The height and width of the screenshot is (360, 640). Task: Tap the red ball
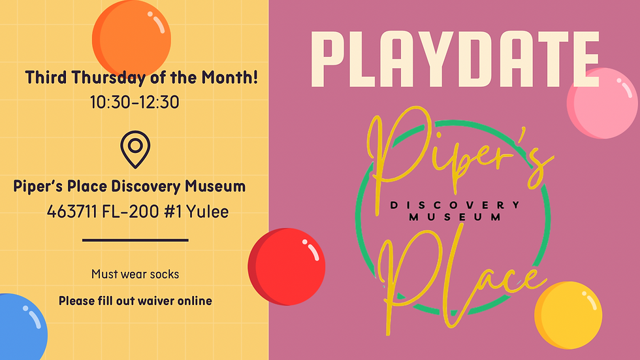click(x=287, y=267)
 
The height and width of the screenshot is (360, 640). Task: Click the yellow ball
click(x=568, y=316)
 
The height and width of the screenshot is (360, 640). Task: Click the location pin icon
click(x=135, y=149)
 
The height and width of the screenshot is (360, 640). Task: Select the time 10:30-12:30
click(x=135, y=102)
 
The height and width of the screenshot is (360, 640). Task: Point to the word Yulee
click(x=207, y=212)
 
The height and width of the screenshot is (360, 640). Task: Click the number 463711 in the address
click(x=72, y=212)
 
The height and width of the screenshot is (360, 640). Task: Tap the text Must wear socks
click(x=135, y=274)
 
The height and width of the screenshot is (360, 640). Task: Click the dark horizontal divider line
click(x=135, y=240)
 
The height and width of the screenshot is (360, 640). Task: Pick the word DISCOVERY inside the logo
click(x=455, y=205)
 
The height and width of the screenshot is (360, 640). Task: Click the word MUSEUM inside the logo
click(x=455, y=217)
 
